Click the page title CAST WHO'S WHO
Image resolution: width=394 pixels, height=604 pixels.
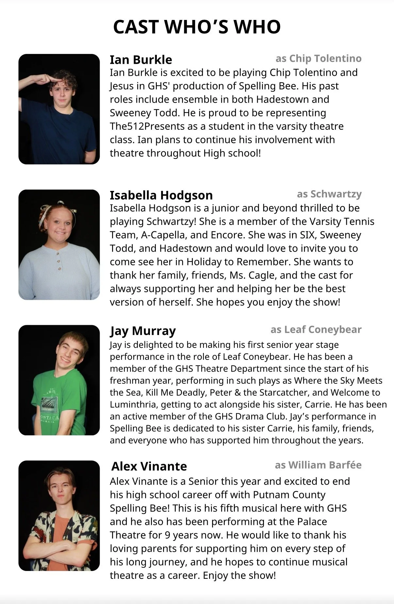pyautogui.click(x=197, y=27)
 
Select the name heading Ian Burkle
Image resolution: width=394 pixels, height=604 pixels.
pyautogui.click(x=141, y=60)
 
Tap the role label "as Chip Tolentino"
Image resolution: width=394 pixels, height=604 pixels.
pyautogui.click(x=319, y=59)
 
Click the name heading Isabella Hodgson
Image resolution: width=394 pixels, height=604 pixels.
pyautogui.click(x=161, y=195)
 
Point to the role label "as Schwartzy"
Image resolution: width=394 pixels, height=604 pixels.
pyautogui.click(x=329, y=194)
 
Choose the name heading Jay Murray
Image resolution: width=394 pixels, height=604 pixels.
pyautogui.click(x=143, y=331)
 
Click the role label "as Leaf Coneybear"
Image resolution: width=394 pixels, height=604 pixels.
pyautogui.click(x=316, y=329)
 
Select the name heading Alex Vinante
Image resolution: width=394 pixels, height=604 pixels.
pyautogui.click(x=149, y=466)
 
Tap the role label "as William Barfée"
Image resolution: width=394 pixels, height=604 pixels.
pyautogui.click(x=318, y=465)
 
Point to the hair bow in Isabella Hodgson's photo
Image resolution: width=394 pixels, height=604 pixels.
pyautogui.click(x=60, y=204)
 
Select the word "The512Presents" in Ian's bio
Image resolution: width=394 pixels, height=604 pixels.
pyautogui.click(x=143, y=126)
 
